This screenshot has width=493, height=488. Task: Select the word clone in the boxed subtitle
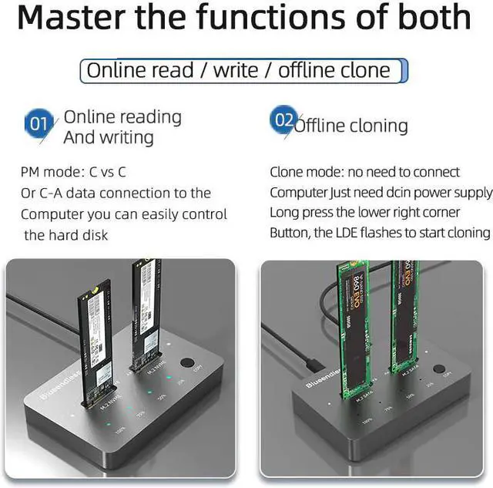click(362, 72)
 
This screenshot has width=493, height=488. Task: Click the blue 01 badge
click(39, 123)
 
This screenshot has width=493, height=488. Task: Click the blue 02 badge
click(283, 121)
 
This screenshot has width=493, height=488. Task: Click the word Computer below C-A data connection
click(55, 214)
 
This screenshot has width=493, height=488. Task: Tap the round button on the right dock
click(438, 370)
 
